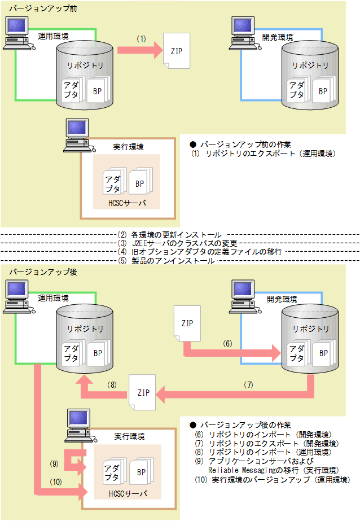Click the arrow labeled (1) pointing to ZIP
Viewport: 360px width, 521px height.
(138, 50)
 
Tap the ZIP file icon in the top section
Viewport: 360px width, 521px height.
(176, 50)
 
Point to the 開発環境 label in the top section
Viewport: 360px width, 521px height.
(277, 37)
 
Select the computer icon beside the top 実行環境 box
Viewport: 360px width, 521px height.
(77, 135)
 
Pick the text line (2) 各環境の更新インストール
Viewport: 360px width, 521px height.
(169, 234)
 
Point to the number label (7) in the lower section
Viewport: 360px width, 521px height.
(249, 384)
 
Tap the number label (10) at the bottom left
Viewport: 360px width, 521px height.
(56, 481)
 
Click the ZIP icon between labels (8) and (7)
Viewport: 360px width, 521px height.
(142, 391)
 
